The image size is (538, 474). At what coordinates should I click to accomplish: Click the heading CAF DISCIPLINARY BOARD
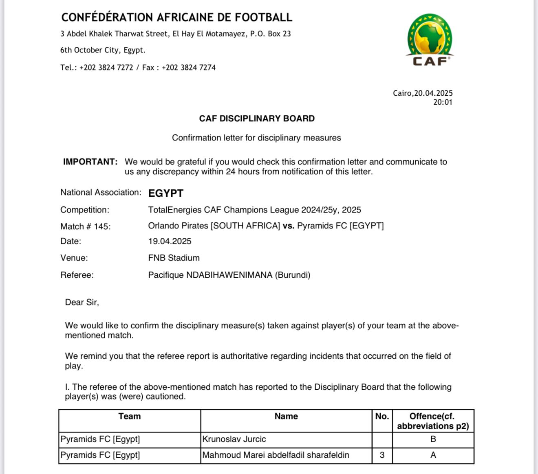pyautogui.click(x=257, y=118)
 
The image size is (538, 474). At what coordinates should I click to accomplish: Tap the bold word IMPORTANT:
pyautogui.click(x=90, y=162)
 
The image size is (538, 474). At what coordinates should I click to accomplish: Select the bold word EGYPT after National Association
pyautogui.click(x=166, y=193)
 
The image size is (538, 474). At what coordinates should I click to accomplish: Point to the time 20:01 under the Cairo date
pyautogui.click(x=443, y=102)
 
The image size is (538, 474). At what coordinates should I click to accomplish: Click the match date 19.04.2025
pyautogui.click(x=170, y=241)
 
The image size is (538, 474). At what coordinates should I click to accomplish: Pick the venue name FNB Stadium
pyautogui.click(x=174, y=258)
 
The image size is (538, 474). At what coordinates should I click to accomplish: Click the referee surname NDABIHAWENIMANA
pyautogui.click(x=229, y=275)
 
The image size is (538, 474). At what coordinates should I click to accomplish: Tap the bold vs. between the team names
pyautogui.click(x=288, y=226)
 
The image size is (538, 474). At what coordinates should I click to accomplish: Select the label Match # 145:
pyautogui.click(x=85, y=226)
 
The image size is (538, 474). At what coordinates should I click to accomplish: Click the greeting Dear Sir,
pyautogui.click(x=82, y=302)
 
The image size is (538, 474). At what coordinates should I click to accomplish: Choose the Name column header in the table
pyautogui.click(x=286, y=416)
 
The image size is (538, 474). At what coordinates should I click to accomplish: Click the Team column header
pyautogui.click(x=130, y=416)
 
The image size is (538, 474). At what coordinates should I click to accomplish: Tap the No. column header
pyautogui.click(x=382, y=416)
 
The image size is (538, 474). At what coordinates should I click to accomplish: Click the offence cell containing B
pyautogui.click(x=433, y=439)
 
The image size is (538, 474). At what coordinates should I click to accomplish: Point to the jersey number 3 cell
pyautogui.click(x=382, y=455)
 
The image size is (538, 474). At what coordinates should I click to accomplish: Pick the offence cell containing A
pyautogui.click(x=433, y=455)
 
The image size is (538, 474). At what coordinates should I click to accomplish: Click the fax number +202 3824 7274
pyautogui.click(x=189, y=68)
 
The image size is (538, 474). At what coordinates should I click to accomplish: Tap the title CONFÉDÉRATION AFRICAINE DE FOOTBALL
pyautogui.click(x=176, y=18)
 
